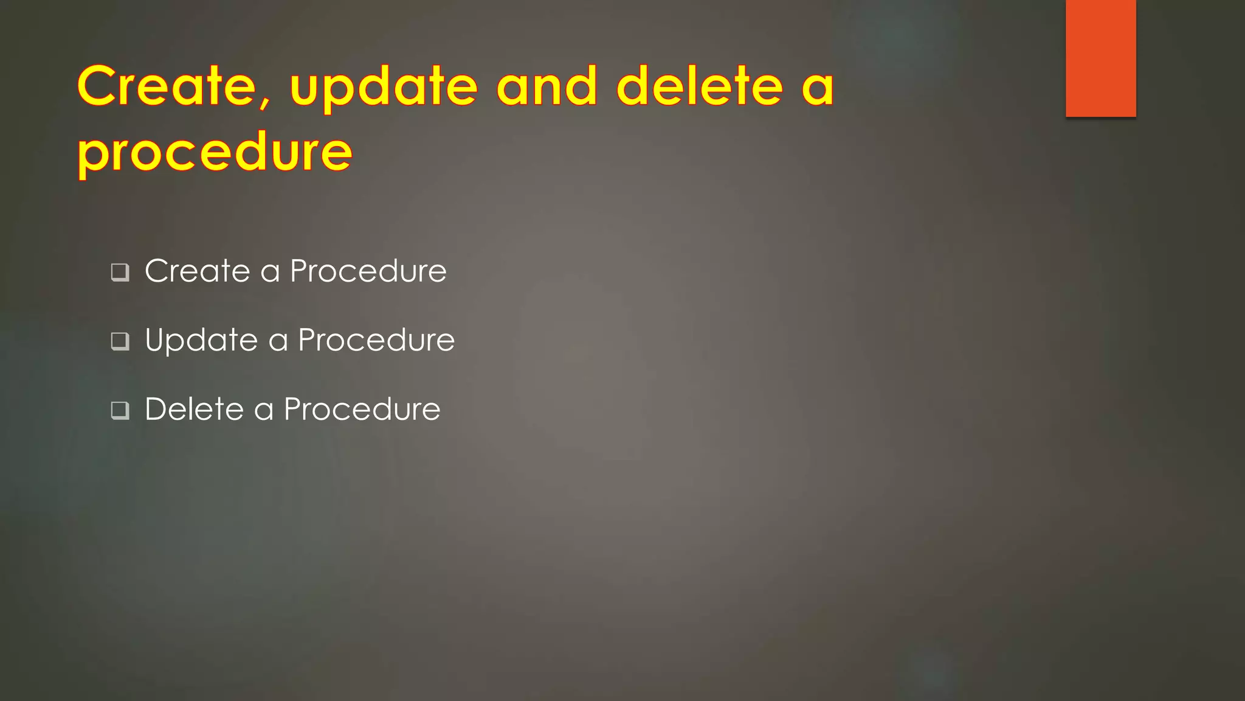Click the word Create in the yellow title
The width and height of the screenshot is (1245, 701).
[x=167, y=86]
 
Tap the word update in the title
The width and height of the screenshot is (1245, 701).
[x=384, y=89]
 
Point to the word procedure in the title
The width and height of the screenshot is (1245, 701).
[x=215, y=153]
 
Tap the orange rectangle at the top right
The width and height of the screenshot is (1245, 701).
[x=1100, y=58]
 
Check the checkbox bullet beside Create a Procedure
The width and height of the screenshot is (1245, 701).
[x=120, y=271]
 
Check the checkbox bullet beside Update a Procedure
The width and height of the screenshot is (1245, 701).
[x=120, y=341]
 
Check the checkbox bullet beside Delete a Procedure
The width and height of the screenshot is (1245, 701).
[x=120, y=410]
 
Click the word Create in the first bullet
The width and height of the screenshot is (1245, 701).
[x=197, y=271]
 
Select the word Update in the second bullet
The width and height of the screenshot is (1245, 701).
[x=201, y=340]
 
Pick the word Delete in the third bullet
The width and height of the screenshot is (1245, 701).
[x=194, y=409]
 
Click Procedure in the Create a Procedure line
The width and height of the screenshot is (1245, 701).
[x=368, y=271]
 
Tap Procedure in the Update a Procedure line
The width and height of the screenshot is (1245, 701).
[x=376, y=340]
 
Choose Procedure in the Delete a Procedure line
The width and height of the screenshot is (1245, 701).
[x=362, y=409]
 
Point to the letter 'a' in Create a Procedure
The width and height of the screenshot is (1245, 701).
[x=270, y=273]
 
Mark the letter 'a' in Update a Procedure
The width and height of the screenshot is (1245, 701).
[x=278, y=342]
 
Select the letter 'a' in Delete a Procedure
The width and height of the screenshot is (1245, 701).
[x=263, y=411]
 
